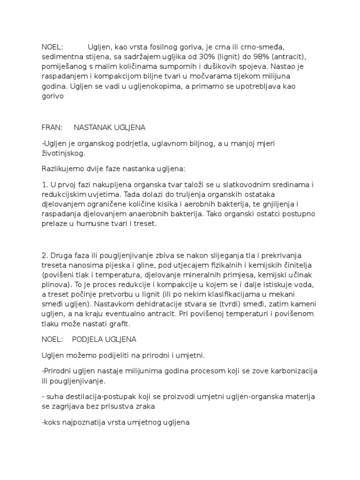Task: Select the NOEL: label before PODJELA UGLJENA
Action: click(x=52, y=339)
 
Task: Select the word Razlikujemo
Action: click(x=62, y=168)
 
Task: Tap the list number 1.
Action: click(x=44, y=183)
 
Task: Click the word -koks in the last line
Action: click(x=50, y=422)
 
